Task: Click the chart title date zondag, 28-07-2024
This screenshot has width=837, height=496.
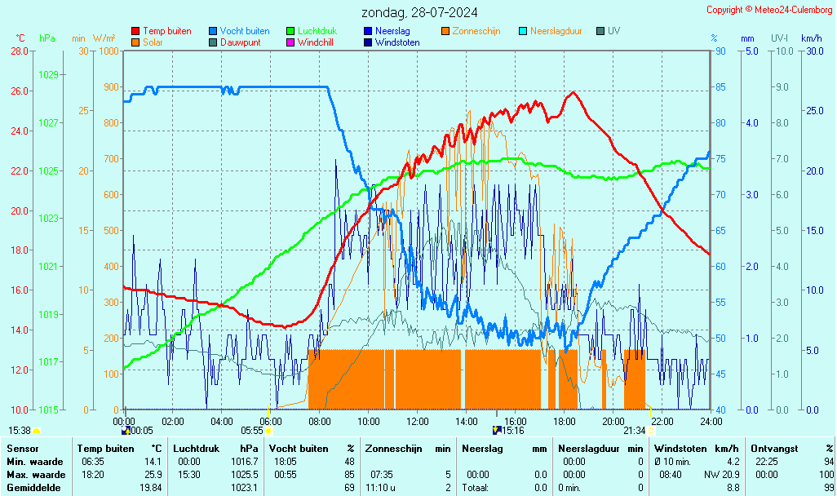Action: click(x=419, y=12)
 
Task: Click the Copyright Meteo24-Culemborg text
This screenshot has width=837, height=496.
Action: click(x=769, y=9)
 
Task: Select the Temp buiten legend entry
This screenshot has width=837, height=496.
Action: click(x=166, y=31)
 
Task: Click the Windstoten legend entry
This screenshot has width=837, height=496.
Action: click(x=397, y=42)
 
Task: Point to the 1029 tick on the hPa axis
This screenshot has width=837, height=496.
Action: click(x=48, y=75)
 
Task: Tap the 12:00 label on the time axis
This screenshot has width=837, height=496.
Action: click(x=418, y=421)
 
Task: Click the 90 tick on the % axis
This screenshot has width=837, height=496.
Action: click(x=720, y=51)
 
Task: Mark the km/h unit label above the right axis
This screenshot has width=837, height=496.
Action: click(x=811, y=38)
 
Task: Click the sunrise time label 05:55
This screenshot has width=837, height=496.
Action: click(x=252, y=430)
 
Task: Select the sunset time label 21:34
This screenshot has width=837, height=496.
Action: click(x=635, y=430)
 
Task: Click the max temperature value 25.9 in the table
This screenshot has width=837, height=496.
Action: click(x=152, y=474)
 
